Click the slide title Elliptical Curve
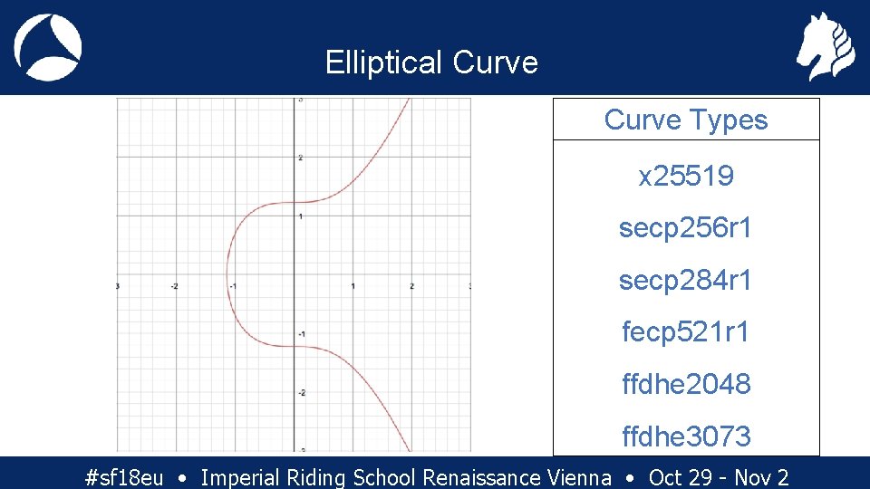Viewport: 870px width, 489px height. pyautogui.click(x=431, y=62)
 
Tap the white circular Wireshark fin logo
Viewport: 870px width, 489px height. pyautogui.click(x=48, y=47)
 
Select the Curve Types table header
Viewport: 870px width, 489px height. pyautogui.click(x=686, y=120)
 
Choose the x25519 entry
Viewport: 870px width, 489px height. pyautogui.click(x=686, y=176)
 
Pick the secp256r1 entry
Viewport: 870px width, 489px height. pyautogui.click(x=686, y=228)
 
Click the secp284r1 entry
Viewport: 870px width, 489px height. pyautogui.click(x=686, y=281)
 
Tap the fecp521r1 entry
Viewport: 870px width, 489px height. pyautogui.click(x=686, y=332)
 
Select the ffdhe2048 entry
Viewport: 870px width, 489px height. pyautogui.click(x=686, y=384)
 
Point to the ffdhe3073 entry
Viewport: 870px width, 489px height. pyautogui.click(x=686, y=436)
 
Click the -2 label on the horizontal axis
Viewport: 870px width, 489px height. pyautogui.click(x=174, y=286)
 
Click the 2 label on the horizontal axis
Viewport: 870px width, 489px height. pyautogui.click(x=411, y=286)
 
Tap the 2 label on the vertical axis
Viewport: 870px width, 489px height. pyautogui.click(x=300, y=158)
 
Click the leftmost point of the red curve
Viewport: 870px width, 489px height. pyautogui.click(x=227, y=273)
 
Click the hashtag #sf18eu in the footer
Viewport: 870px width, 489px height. pyautogui.click(x=123, y=477)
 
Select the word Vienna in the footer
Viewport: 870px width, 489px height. pyautogui.click(x=580, y=477)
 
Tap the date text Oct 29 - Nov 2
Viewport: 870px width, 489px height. pyautogui.click(x=719, y=477)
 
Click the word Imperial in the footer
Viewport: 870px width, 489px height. pyautogui.click(x=239, y=477)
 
